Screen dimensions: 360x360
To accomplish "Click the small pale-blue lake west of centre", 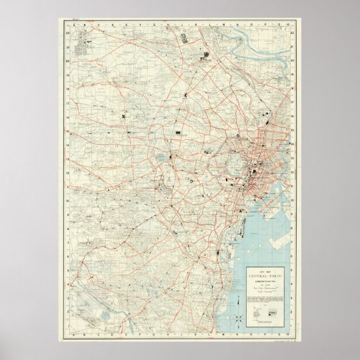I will pos(162,159).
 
